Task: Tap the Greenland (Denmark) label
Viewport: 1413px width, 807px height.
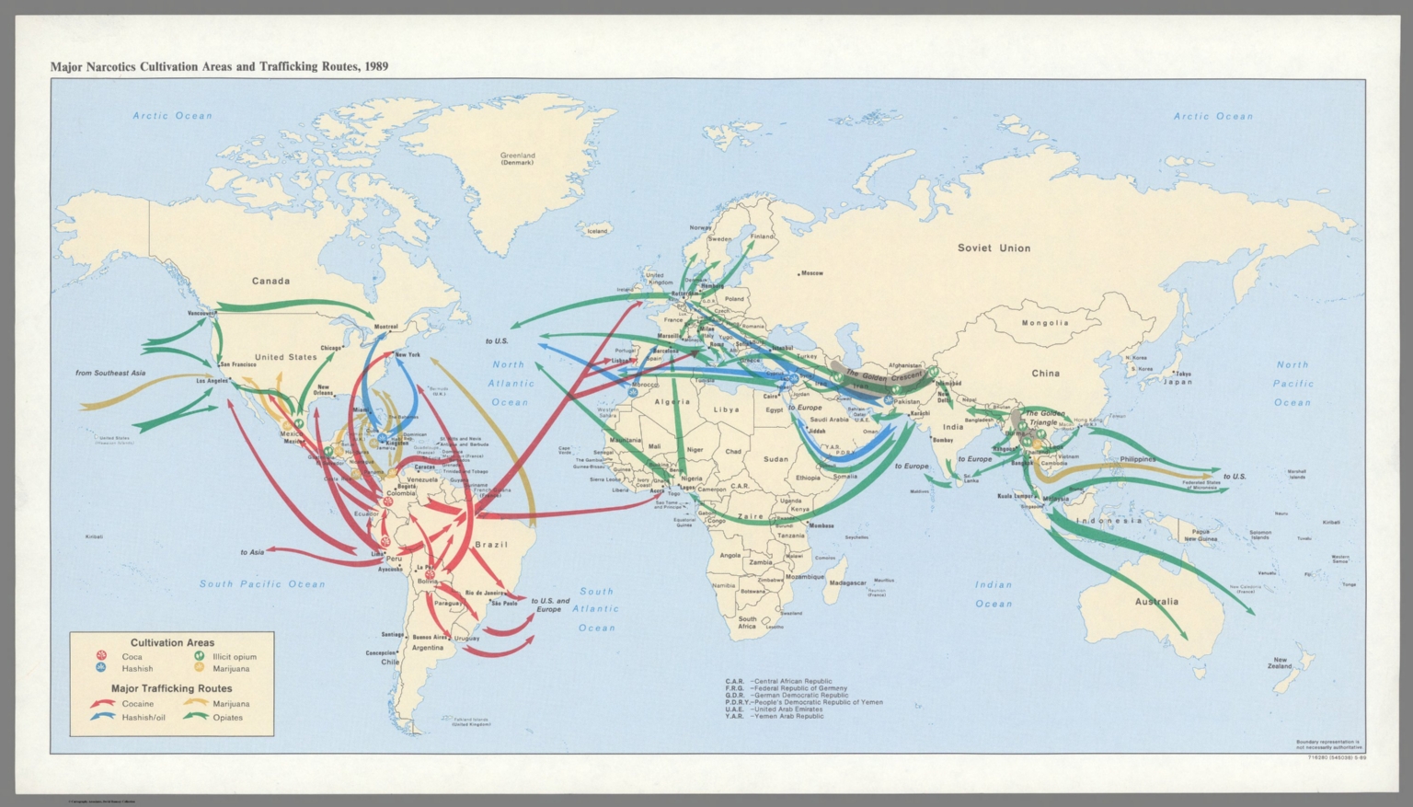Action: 517,158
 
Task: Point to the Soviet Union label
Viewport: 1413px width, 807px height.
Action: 994,248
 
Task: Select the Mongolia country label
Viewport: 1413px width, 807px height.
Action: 1046,323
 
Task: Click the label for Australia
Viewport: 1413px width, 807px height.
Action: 1156,602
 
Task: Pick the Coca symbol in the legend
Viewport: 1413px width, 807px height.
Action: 101,656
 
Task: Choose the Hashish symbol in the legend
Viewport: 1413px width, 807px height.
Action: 101,669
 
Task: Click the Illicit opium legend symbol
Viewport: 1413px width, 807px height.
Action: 199,656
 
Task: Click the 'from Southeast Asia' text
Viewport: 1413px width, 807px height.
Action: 110,374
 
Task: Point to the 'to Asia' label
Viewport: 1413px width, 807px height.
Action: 252,552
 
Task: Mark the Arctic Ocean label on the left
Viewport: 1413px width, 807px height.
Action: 172,116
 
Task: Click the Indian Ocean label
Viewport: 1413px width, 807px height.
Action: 994,594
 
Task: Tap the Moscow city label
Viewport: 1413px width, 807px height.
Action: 811,273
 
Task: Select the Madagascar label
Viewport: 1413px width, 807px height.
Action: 847,583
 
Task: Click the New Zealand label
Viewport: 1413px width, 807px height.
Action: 1280,663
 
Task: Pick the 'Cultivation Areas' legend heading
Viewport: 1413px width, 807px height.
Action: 172,643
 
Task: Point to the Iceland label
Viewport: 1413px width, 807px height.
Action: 598,231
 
